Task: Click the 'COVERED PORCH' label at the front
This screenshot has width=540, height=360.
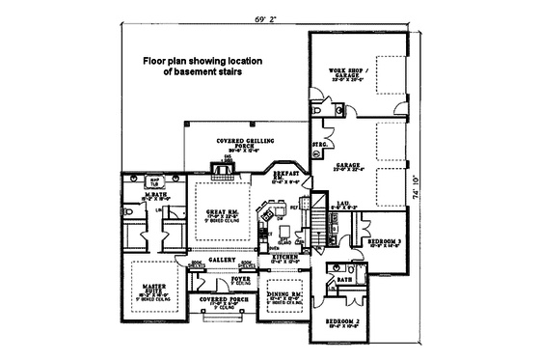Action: (220, 301)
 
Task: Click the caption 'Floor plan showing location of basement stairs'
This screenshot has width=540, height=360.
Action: (203, 66)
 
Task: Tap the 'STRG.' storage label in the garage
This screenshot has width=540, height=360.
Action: (320, 146)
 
